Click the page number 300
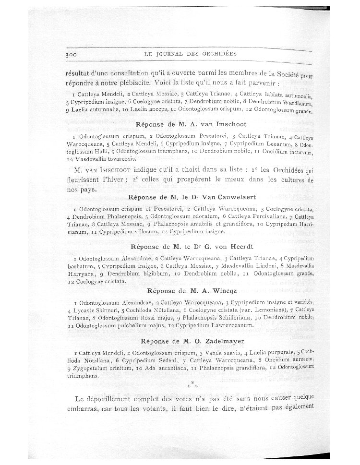(x=72, y=55)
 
